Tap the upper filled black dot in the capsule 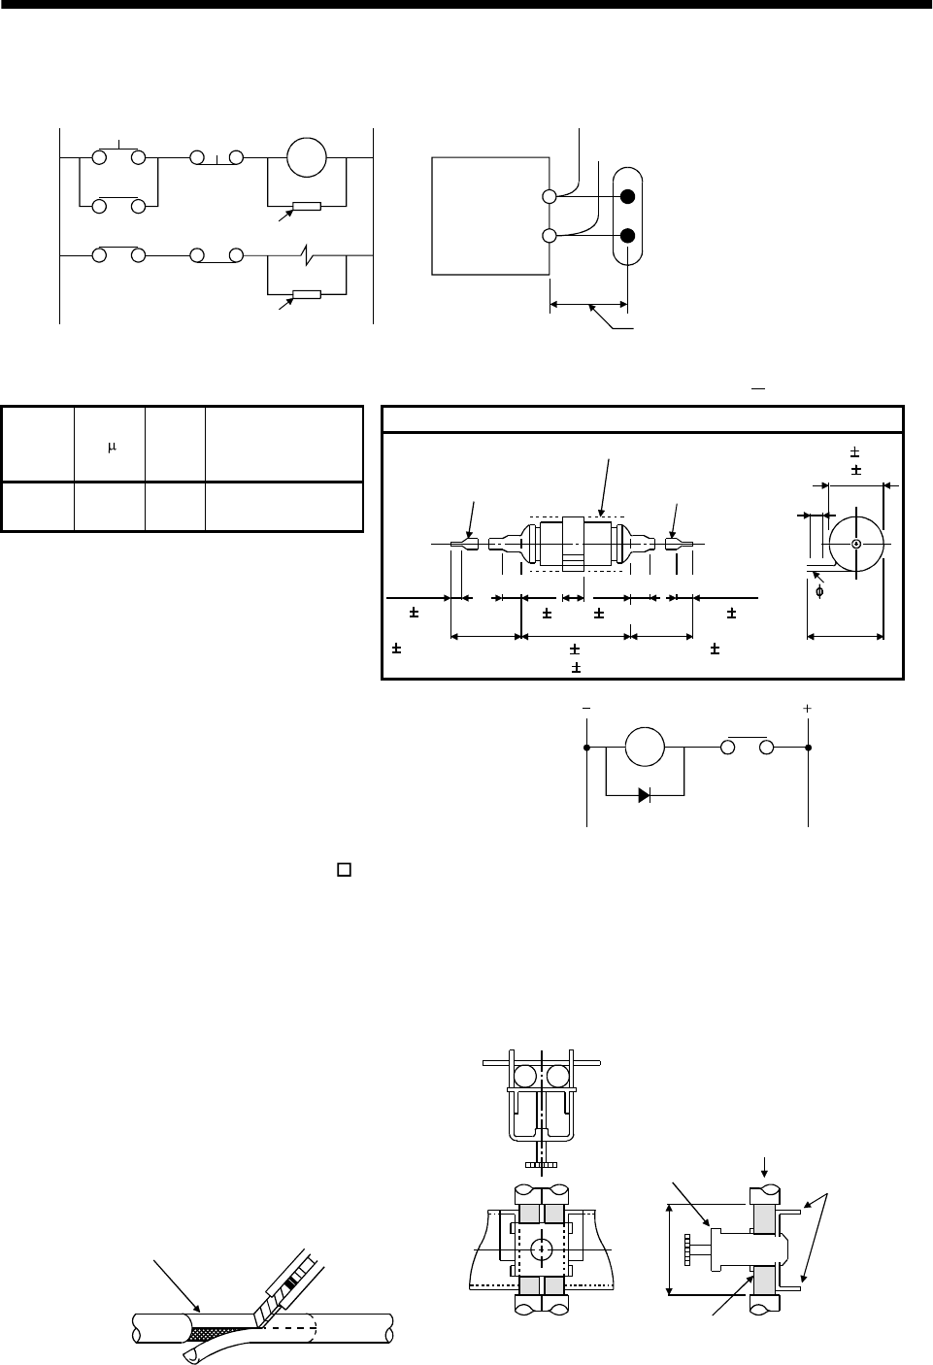628,197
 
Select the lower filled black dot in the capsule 628,236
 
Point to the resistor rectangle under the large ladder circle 307,206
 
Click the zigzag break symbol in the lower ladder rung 306,257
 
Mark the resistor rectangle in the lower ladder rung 307,294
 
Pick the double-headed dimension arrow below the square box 588,304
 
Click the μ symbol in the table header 112,447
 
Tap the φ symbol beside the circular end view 820,591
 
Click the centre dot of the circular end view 855,544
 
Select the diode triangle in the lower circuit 645,794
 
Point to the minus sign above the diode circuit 585,710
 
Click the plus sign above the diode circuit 808,710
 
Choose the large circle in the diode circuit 645,749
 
